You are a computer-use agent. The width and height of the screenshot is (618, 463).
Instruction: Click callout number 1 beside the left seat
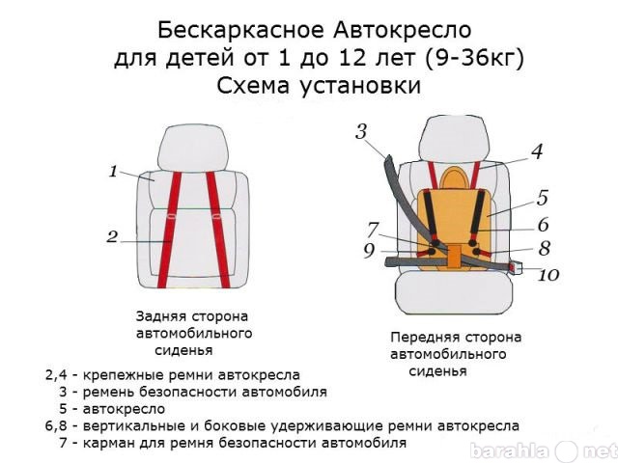[114, 172]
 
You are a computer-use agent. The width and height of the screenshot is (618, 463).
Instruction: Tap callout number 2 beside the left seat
[112, 236]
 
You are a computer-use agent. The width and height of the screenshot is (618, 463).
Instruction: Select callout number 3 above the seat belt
[361, 132]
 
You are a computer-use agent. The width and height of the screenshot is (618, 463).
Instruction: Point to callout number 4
[537, 151]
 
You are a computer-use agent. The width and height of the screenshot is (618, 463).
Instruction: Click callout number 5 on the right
[543, 198]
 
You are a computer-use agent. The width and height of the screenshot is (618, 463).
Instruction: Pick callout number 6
[543, 225]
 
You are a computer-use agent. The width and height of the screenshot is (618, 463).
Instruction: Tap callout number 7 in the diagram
[373, 231]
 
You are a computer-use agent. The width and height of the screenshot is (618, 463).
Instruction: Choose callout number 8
[545, 249]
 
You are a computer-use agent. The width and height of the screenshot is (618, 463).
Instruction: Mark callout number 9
[369, 251]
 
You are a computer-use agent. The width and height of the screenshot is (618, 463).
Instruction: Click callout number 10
[548, 275]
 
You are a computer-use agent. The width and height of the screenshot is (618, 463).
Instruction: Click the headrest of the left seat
[193, 149]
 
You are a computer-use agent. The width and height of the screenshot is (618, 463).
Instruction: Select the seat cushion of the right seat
[454, 293]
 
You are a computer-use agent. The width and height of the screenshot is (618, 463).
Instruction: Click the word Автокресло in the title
[403, 30]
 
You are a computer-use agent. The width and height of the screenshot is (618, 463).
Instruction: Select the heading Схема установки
[319, 86]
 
